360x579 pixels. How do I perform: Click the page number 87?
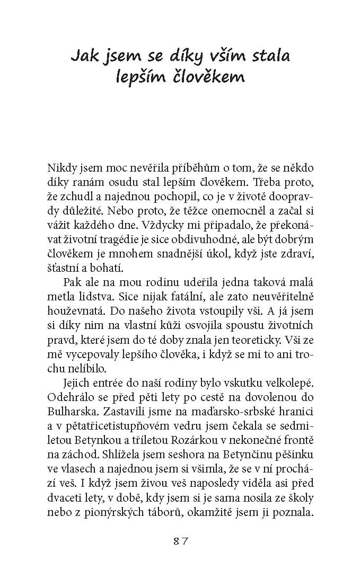point(180,541)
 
